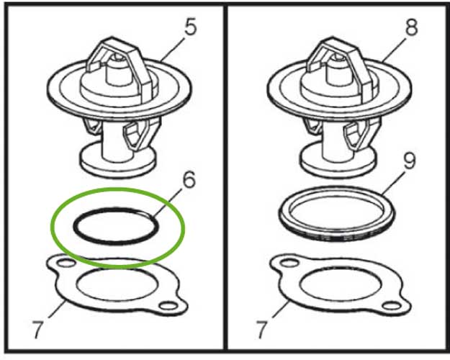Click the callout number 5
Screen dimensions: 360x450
pos(190,28)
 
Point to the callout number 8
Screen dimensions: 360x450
pos(411,28)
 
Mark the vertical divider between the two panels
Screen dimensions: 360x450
pos(225,180)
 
